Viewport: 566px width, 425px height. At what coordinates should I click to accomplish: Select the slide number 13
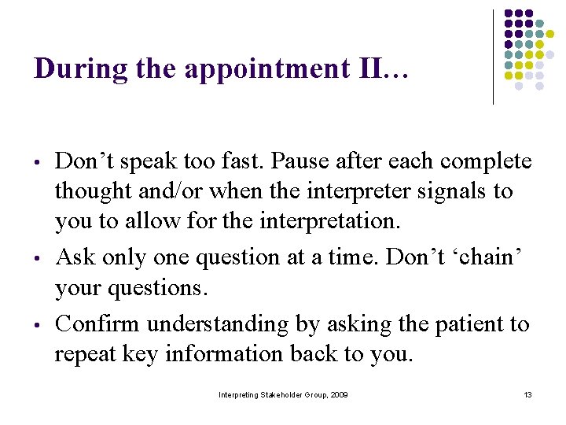(527, 394)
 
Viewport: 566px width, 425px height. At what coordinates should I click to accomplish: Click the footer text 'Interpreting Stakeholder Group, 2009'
(283, 394)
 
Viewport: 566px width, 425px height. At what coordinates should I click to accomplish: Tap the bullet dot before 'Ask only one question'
(38, 259)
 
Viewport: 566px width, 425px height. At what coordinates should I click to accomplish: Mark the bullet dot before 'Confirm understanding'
(38, 326)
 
